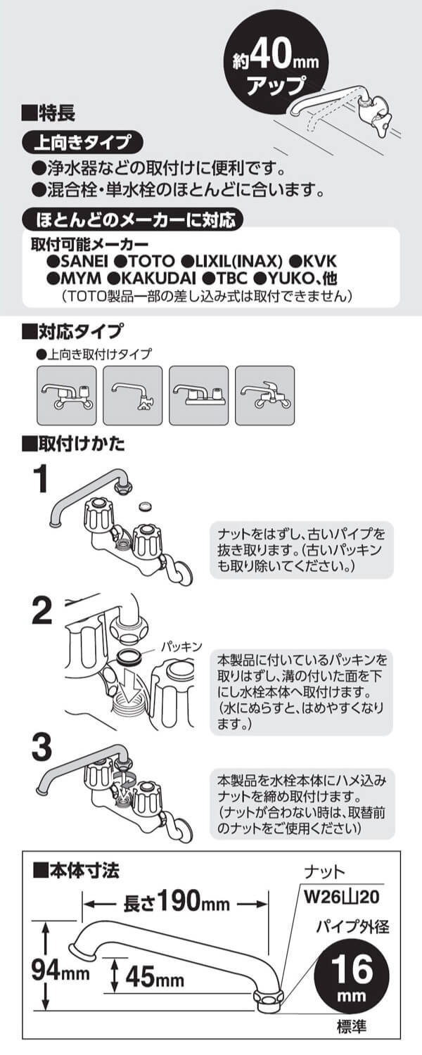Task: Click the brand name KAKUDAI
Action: click(151, 279)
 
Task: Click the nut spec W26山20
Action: click(336, 898)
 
